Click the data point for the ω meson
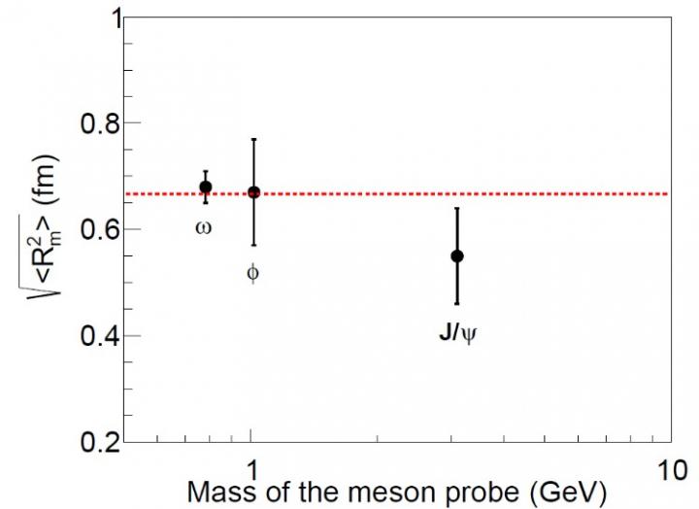click(x=205, y=187)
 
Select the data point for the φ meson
click(x=253, y=192)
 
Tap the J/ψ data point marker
click(x=456, y=255)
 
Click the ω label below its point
click(x=204, y=229)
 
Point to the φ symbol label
click(x=253, y=273)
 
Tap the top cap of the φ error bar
click(x=253, y=140)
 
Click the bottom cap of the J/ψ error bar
click(x=456, y=304)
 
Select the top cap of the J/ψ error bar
click(x=456, y=209)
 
